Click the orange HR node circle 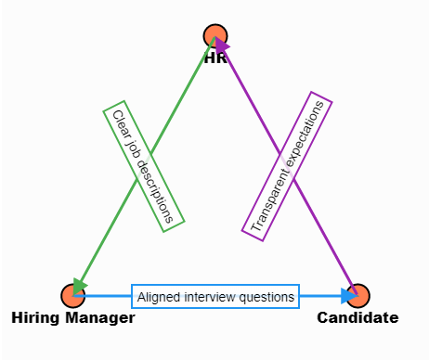click(x=215, y=36)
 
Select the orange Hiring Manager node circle click(x=72, y=296)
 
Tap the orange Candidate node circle click(x=358, y=296)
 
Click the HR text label click(x=215, y=58)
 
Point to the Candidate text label click(x=358, y=318)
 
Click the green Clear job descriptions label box click(x=143, y=162)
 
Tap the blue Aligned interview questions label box click(x=215, y=297)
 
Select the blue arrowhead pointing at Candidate click(x=348, y=296)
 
